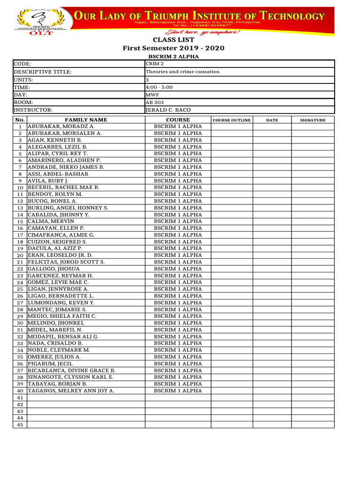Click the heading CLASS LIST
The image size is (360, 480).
pyautogui.click(x=173, y=40)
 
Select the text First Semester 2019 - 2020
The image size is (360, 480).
pyautogui.click(x=173, y=48)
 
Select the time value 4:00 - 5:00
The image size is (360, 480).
pyautogui.click(x=159, y=87)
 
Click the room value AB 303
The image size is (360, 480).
pyautogui.click(x=155, y=102)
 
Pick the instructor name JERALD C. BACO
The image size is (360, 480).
pyautogui.click(x=169, y=110)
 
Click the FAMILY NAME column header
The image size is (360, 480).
pyautogui.click(x=86, y=120)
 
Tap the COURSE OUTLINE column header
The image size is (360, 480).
pyautogui.click(x=232, y=120)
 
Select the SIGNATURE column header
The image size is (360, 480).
pyautogui.click(x=313, y=120)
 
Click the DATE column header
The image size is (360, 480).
pyautogui.click(x=272, y=120)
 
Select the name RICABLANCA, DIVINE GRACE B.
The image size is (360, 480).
pyautogui.click(x=72, y=370)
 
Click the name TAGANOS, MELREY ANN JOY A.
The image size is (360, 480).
pyautogui.click(x=71, y=390)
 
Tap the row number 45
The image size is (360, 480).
pyautogui.click(x=20, y=425)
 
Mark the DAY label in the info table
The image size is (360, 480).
pyautogui.click(x=21, y=95)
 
